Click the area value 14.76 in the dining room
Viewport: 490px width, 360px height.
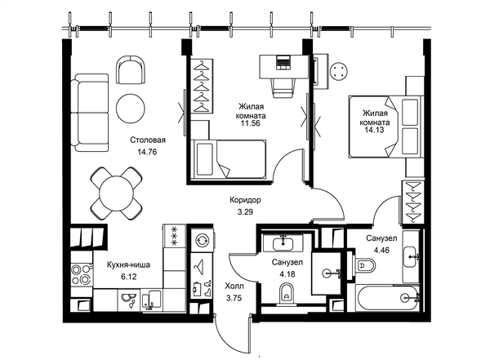147,152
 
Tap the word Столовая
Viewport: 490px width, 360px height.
148,140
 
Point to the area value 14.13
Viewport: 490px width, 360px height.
374,130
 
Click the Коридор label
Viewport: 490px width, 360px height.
245,200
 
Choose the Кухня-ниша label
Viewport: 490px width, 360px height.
128,264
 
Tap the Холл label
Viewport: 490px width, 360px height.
234,286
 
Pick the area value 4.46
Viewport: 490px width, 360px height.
381,250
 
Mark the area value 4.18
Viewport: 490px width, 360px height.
287,274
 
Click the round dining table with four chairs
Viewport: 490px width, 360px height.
116,193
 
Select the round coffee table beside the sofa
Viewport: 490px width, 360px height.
131,109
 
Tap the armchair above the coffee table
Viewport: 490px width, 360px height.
131,69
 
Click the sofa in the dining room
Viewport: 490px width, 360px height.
90,113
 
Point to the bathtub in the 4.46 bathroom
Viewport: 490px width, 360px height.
387,298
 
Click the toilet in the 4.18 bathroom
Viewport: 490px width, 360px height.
287,294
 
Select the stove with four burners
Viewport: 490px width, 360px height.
82,274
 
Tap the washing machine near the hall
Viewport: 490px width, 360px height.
203,241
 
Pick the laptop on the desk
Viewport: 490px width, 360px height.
283,61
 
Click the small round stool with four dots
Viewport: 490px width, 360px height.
340,71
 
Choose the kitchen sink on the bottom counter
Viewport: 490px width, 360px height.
151,300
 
